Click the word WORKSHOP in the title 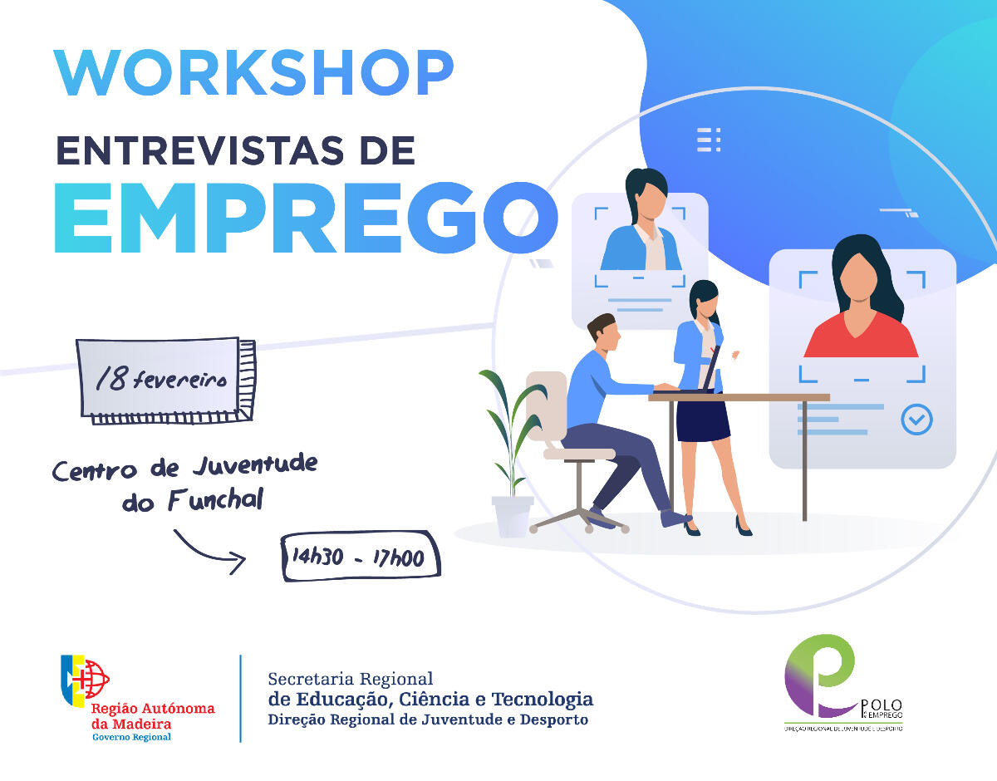253,74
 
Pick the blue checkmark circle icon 916,420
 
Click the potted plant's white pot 512,515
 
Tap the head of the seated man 603,332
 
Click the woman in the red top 861,307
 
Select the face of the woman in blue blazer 644,204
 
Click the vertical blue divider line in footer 240,698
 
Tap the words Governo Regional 131,737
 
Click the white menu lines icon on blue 709,140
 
